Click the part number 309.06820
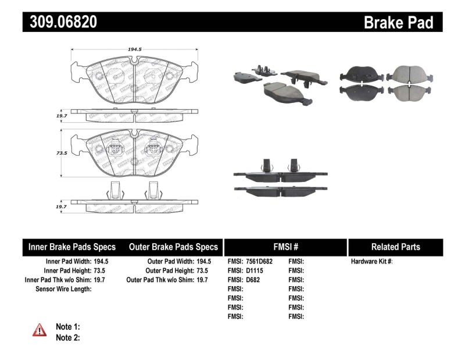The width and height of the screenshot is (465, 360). (x=60, y=22)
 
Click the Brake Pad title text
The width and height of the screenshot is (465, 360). (x=398, y=23)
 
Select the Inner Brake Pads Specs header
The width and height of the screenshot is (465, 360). (x=72, y=247)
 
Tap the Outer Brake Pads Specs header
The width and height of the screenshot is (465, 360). (x=173, y=247)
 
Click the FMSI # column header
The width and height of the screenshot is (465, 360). (x=285, y=247)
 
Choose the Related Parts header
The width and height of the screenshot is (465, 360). (x=395, y=247)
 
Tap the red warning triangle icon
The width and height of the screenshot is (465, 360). (x=40, y=330)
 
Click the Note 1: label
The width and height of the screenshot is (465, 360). (x=67, y=327)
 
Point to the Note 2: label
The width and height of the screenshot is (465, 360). (x=67, y=337)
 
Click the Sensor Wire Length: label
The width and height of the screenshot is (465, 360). (x=63, y=289)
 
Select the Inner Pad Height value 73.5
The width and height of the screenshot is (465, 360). (x=101, y=270)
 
